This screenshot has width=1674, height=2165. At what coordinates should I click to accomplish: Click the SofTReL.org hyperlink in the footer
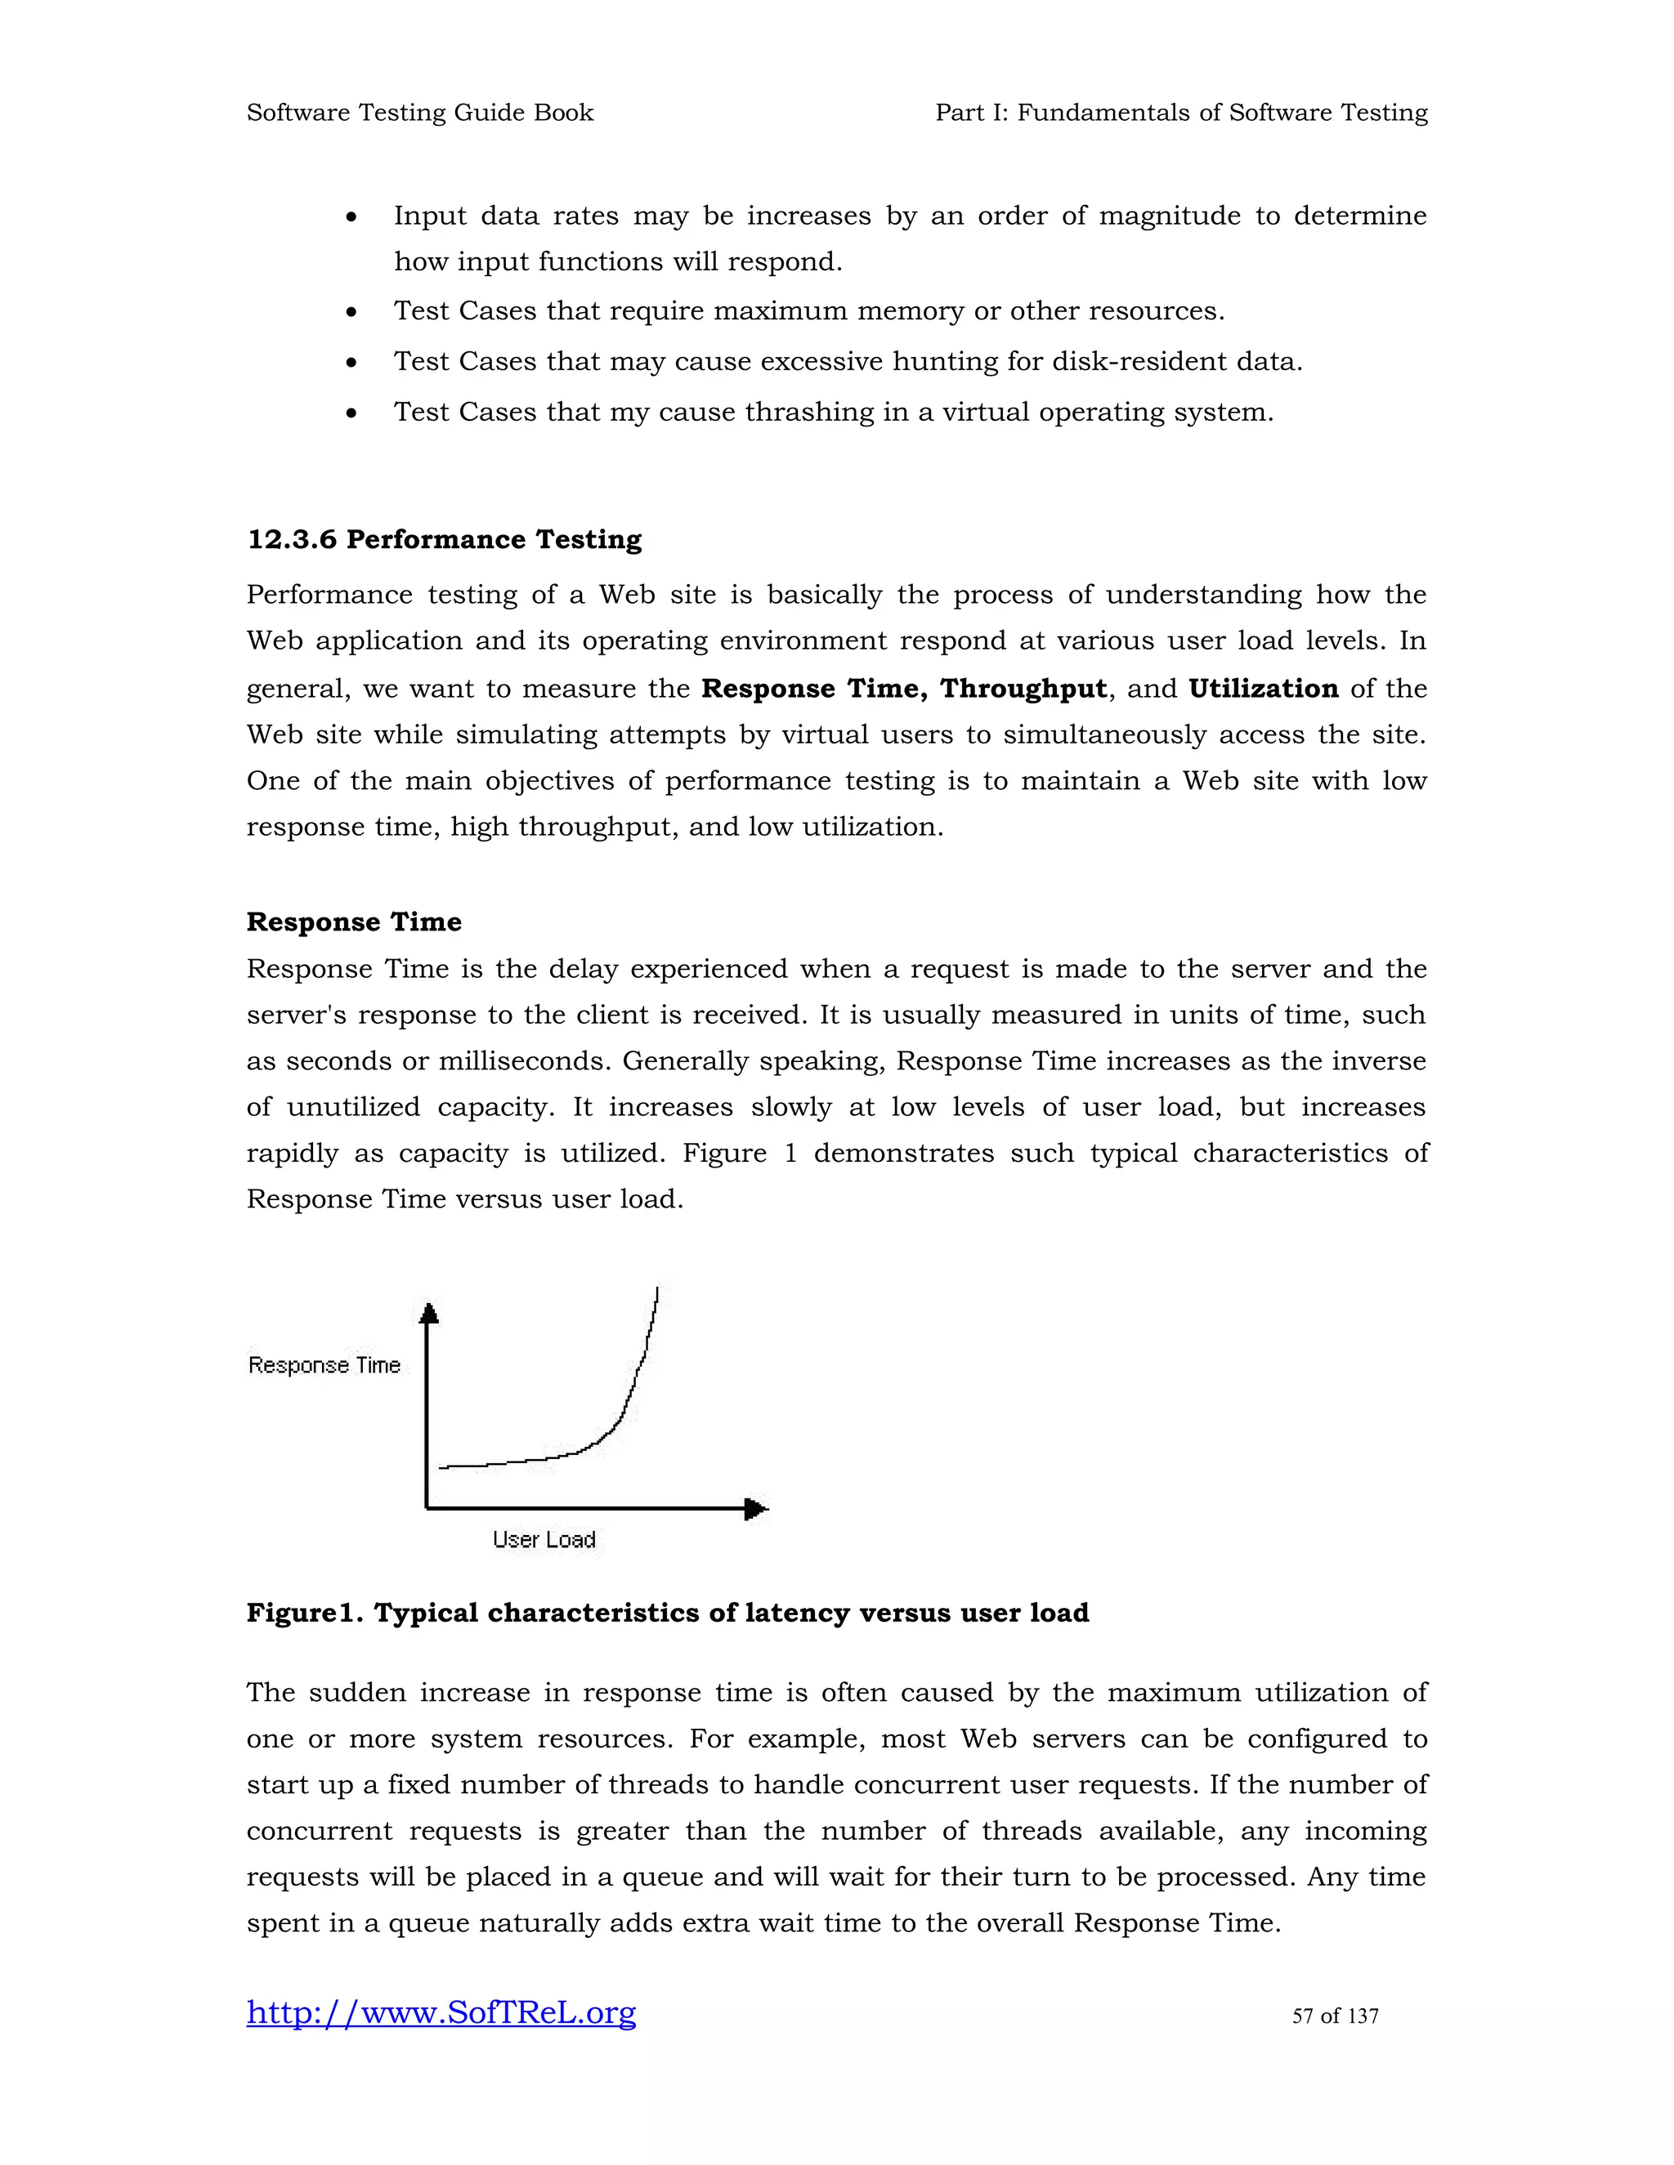point(441,2012)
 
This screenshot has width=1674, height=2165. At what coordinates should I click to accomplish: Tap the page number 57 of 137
point(1334,2016)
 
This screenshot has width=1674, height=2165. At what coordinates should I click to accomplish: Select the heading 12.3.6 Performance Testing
point(445,539)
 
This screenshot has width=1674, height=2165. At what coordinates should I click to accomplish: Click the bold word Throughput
point(1023,688)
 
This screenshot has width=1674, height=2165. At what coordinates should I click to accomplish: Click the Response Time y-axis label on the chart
point(325,1365)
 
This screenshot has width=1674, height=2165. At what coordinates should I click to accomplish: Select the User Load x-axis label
point(544,1539)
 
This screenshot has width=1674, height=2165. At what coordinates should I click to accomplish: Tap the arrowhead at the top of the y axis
point(428,1314)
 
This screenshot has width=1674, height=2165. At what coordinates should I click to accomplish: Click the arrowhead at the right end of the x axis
point(756,1509)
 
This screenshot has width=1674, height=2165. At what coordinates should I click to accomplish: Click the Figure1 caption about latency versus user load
point(668,1613)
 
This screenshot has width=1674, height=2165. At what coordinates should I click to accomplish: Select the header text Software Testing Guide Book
point(419,113)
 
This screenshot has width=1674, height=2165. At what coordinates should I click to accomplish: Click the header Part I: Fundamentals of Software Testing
point(1180,113)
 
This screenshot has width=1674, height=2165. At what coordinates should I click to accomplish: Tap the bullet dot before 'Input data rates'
point(351,217)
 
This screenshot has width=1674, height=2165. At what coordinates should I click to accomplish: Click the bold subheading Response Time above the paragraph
point(354,922)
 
